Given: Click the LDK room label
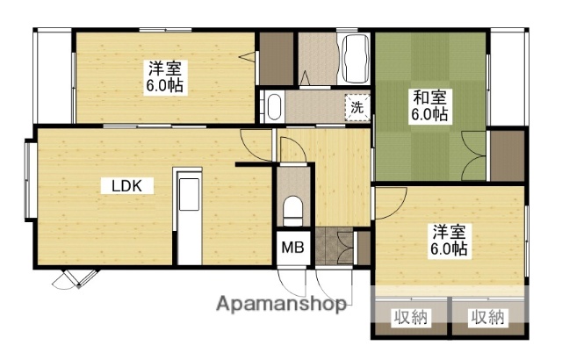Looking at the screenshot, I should click(x=133, y=186).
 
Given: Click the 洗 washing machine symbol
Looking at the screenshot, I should click(x=357, y=107).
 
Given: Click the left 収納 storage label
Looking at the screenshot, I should click(x=410, y=317).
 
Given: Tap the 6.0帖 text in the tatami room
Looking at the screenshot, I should click(x=430, y=114).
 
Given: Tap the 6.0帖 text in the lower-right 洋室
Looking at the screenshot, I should click(x=448, y=249).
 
